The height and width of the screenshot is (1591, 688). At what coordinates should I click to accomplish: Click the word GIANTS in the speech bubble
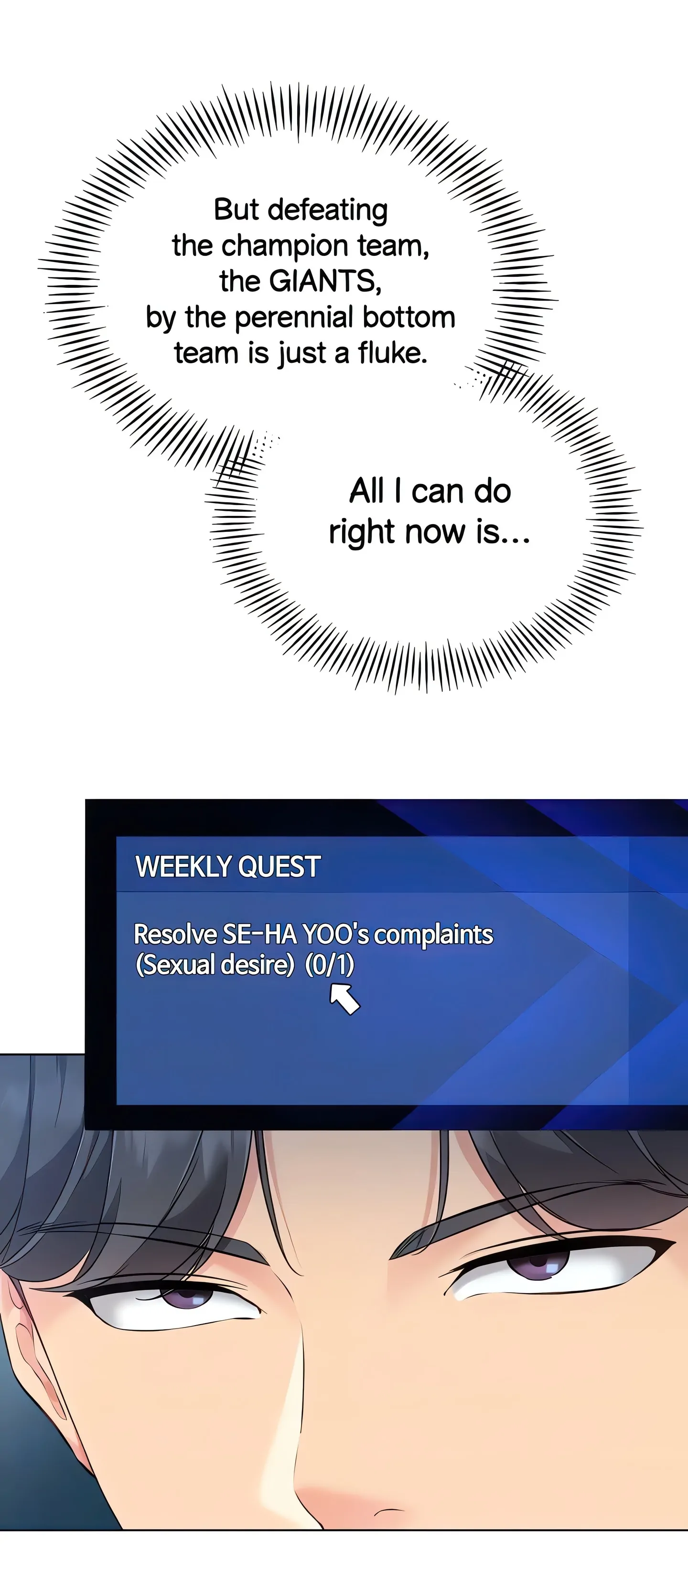(x=324, y=282)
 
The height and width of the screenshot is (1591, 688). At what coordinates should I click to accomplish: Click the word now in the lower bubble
(x=434, y=532)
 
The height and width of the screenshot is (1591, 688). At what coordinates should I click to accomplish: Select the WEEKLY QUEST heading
(x=228, y=866)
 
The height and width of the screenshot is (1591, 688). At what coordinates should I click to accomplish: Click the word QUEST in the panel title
(x=279, y=866)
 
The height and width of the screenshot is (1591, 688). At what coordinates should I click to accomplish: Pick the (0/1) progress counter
(x=330, y=965)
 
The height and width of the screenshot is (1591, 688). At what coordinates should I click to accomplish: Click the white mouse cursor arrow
(x=344, y=998)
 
